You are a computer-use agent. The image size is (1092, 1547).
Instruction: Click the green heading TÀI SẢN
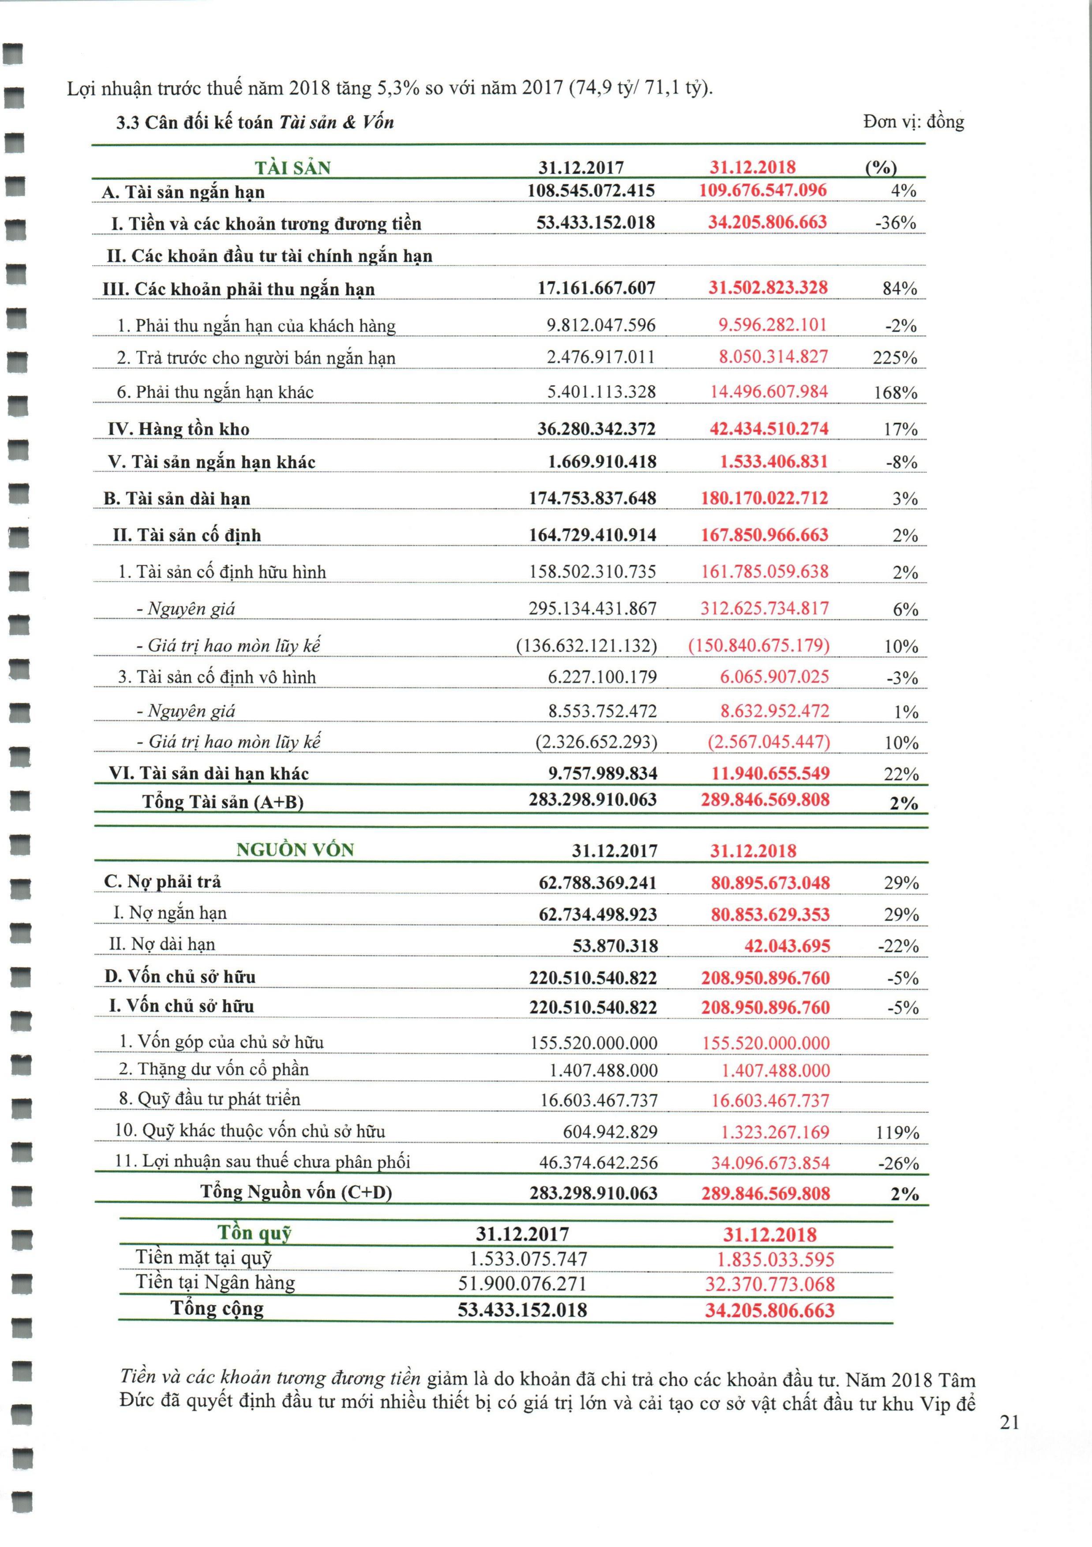pos(293,167)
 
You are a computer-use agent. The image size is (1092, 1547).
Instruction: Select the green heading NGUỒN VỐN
pos(295,850)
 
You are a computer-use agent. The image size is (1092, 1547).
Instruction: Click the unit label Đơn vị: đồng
pos(913,122)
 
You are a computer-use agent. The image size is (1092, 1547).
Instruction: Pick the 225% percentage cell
pos(895,358)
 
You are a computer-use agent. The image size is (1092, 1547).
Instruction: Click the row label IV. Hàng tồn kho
pos(179,429)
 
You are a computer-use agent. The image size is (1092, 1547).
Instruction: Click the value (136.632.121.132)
pos(586,645)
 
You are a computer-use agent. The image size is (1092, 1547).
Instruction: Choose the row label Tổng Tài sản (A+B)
pos(223,802)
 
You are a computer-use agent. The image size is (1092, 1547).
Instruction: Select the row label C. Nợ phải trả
pos(162,882)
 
